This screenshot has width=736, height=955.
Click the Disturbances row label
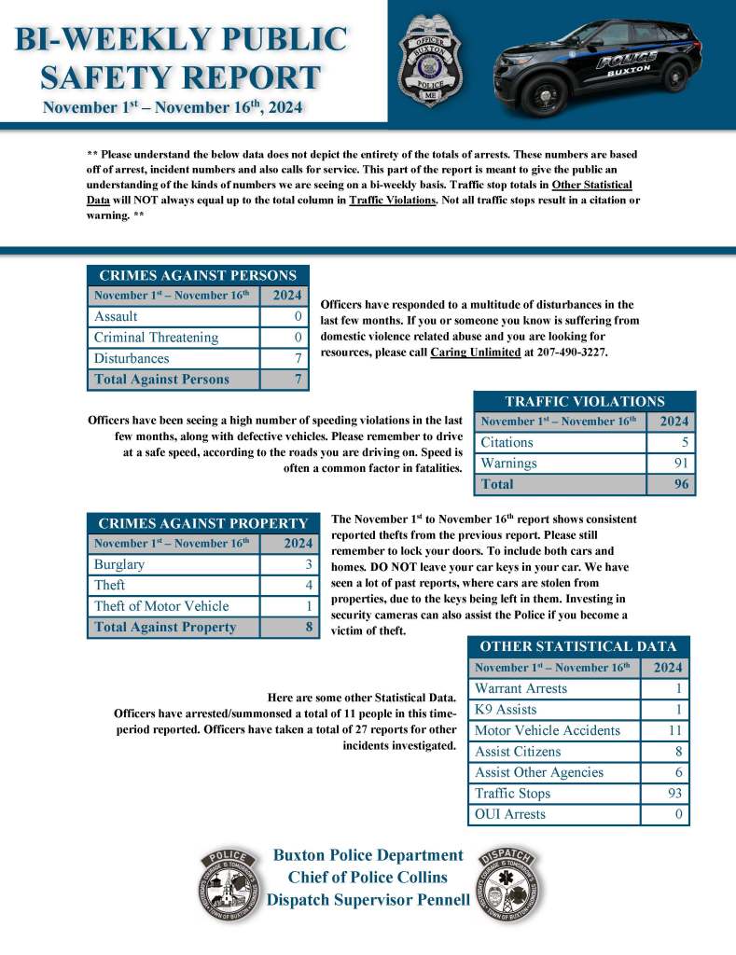(x=132, y=358)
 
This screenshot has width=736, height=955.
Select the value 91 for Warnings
(x=679, y=464)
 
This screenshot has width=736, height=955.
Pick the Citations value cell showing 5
(x=684, y=442)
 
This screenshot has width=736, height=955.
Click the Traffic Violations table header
(x=585, y=401)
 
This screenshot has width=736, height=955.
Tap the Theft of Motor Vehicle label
(x=160, y=606)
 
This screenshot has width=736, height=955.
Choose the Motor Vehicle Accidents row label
(x=548, y=730)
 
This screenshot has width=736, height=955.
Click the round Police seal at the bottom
(x=227, y=885)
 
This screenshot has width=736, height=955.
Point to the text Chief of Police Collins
(x=368, y=877)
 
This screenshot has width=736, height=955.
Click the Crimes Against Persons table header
(x=198, y=275)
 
